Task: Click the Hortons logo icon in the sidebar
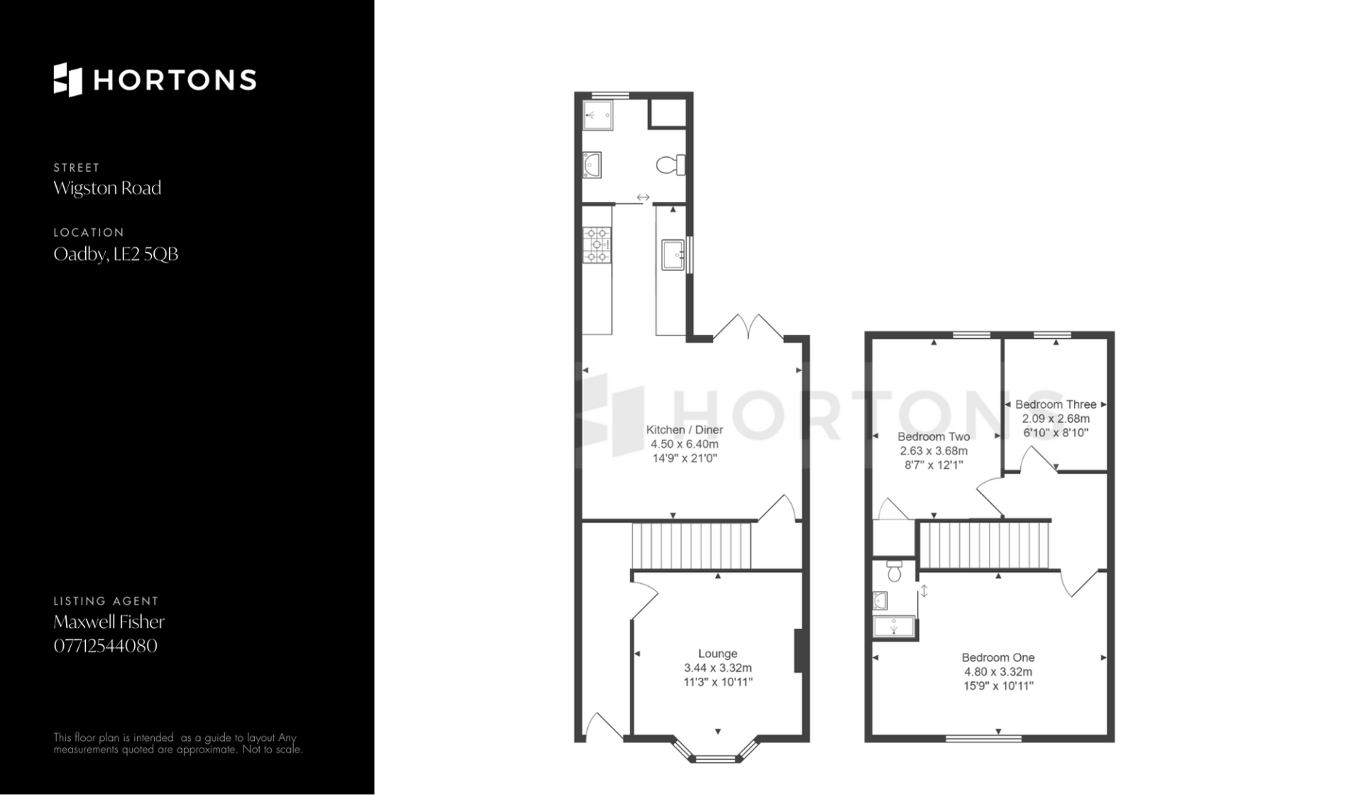tap(68, 80)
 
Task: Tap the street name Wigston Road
tap(107, 188)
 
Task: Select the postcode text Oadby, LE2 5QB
tap(116, 254)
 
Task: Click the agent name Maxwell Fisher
tap(109, 622)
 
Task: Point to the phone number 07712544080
tap(105, 646)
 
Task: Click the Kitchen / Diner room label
tap(684, 430)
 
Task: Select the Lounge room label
tap(718, 654)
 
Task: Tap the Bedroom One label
tap(998, 658)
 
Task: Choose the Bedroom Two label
tap(934, 437)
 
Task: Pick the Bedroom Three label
tap(1056, 404)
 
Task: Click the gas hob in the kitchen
tap(597, 245)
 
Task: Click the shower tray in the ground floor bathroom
tap(598, 115)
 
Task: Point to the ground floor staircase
tap(691, 546)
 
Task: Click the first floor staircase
tap(984, 546)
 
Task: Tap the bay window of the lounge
tap(716, 752)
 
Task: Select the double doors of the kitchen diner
tap(748, 328)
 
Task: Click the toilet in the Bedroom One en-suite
tap(894, 570)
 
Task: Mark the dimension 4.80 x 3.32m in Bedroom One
tap(998, 672)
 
